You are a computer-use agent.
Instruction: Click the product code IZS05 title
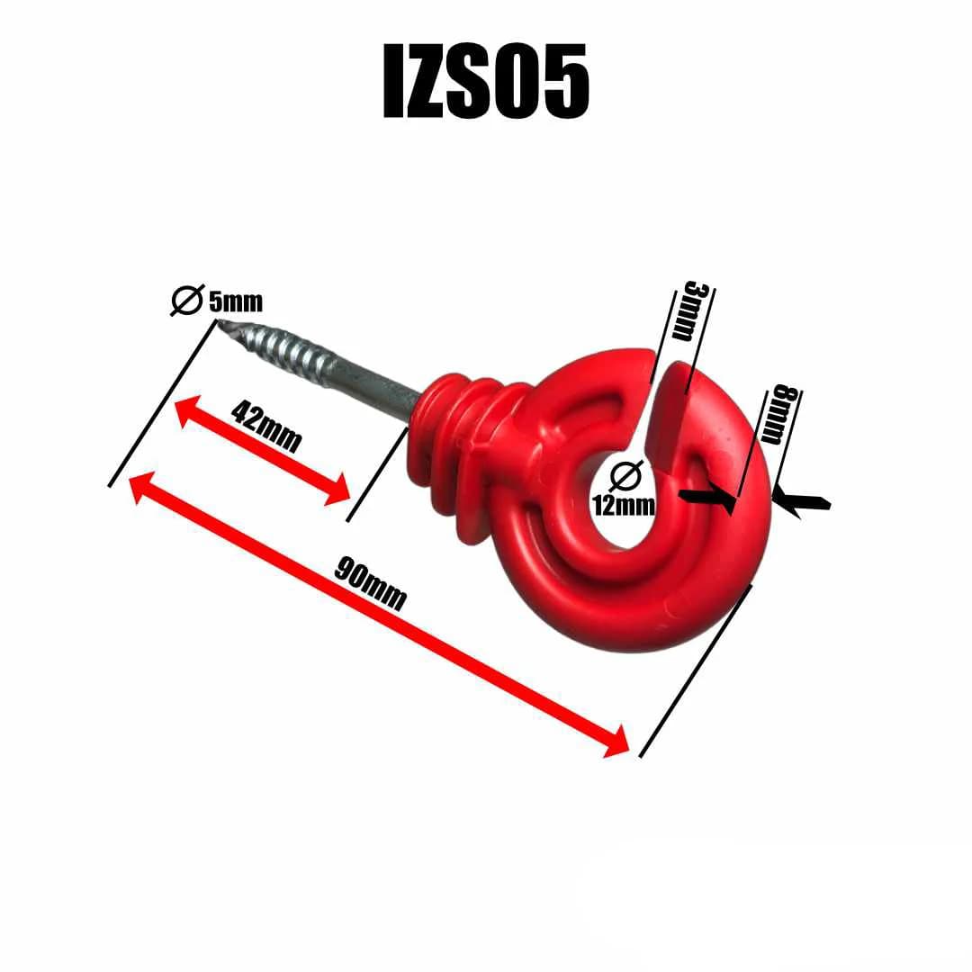pyautogui.click(x=486, y=83)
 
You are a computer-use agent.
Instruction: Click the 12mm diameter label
pyautogui.click(x=624, y=504)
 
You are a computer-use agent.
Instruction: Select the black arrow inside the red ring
pyautogui.click(x=707, y=498)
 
